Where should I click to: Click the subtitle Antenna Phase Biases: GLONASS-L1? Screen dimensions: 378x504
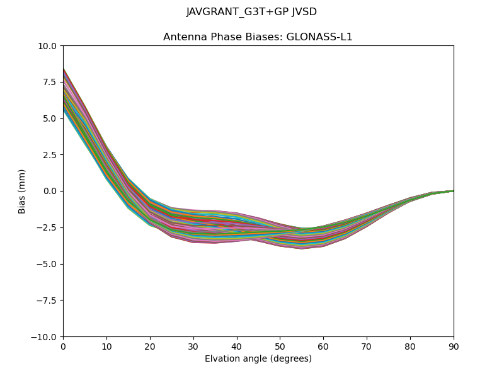click(x=258, y=37)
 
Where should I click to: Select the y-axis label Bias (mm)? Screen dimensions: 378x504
click(x=22, y=191)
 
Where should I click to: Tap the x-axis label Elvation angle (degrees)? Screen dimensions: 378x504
click(x=258, y=359)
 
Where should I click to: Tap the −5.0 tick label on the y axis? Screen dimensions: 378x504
click(x=48, y=264)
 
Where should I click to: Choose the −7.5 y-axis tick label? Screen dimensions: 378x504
click(x=48, y=301)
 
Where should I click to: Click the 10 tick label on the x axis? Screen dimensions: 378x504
click(x=106, y=346)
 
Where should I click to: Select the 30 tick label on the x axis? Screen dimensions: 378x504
click(x=193, y=346)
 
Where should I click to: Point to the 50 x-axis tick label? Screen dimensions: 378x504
click(x=280, y=346)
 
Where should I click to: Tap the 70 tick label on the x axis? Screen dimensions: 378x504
click(x=367, y=346)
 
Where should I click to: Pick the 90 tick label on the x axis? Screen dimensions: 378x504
click(x=453, y=346)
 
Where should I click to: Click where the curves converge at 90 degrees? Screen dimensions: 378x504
click(x=453, y=190)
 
